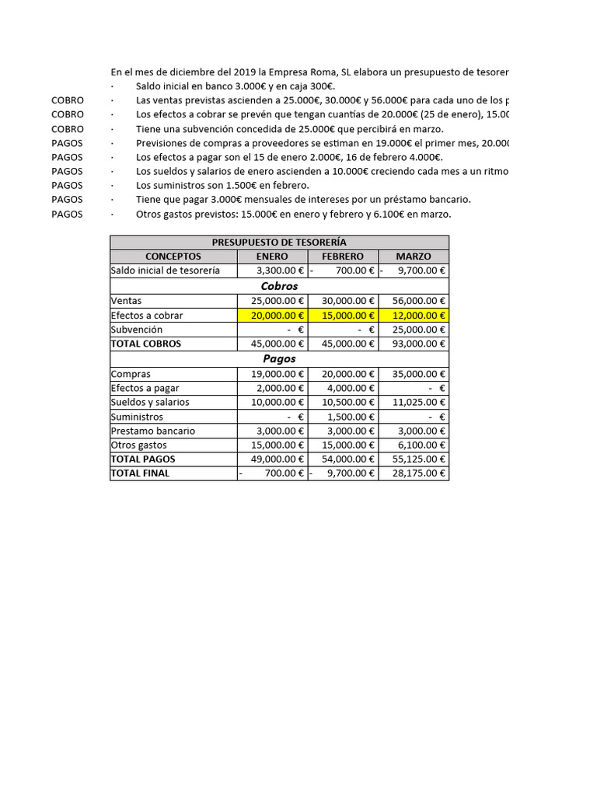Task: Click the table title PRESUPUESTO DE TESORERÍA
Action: [x=279, y=243]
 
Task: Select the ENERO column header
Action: [x=272, y=257]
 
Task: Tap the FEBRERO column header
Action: [x=343, y=257]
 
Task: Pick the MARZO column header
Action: [x=414, y=257]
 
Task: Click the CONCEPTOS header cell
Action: [x=173, y=257]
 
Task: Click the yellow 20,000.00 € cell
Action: [x=272, y=315]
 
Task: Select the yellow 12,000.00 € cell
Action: [x=414, y=315]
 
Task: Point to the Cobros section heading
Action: [x=279, y=286]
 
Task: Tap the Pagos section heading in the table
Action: [x=279, y=359]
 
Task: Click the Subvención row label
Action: [x=137, y=330]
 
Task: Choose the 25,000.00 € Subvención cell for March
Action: [x=414, y=330]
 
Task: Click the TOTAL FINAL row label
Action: [x=140, y=473]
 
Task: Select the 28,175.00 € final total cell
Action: [x=414, y=473]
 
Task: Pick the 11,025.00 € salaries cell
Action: [x=414, y=402]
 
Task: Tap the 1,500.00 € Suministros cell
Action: [x=343, y=417]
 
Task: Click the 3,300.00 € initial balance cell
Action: [x=272, y=271]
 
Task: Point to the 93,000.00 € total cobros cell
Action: [x=414, y=344]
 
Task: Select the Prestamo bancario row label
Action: [x=153, y=431]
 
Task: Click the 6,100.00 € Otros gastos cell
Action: [x=414, y=445]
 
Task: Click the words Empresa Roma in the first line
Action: [x=307, y=72]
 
